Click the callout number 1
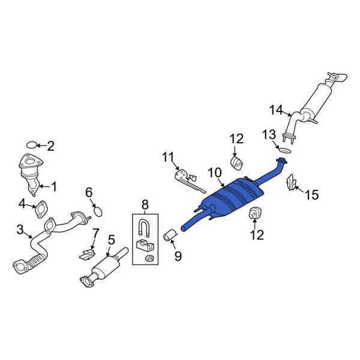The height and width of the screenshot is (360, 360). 54,187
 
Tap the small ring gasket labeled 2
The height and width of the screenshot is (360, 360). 31,145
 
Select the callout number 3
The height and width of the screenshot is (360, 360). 20,229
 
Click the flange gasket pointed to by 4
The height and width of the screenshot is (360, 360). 41,209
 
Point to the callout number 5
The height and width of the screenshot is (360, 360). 111,240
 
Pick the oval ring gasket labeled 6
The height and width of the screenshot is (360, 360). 98,211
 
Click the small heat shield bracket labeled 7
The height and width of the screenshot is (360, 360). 87,255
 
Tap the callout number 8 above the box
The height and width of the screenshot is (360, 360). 145,205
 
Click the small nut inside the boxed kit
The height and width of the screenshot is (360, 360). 149,258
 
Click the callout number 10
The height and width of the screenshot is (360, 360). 215,173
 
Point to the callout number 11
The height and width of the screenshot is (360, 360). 168,157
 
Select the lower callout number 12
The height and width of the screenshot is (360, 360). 257,235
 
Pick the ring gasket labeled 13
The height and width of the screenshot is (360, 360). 285,151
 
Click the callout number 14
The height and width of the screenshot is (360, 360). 276,110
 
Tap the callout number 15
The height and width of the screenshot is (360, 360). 312,195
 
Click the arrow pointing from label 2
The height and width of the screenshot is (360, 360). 41,145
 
